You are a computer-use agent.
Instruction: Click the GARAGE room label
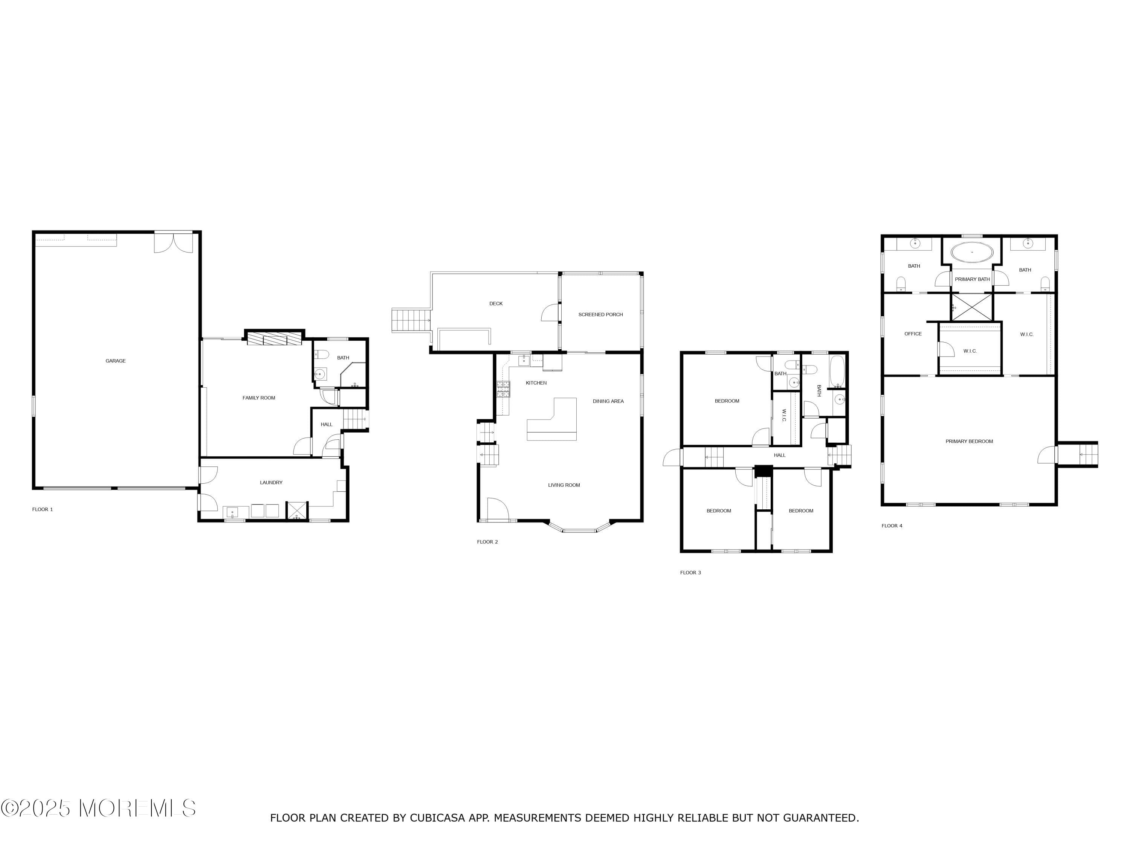pyautogui.click(x=116, y=361)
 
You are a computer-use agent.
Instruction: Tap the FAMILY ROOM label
pyautogui.click(x=258, y=398)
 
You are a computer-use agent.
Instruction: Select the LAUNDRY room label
pyautogui.click(x=271, y=483)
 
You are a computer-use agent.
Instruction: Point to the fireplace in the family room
pyautogui.click(x=274, y=338)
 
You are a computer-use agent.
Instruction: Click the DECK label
pyautogui.click(x=496, y=304)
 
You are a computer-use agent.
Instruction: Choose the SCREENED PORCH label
pyautogui.click(x=600, y=314)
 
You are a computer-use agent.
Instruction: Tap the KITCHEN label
pyautogui.click(x=536, y=383)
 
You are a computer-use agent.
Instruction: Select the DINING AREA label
pyautogui.click(x=608, y=401)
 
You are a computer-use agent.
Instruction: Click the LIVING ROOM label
pyautogui.click(x=564, y=485)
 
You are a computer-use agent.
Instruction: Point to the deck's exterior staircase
pyautogui.click(x=411, y=320)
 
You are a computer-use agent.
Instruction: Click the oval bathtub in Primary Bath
pyautogui.click(x=972, y=253)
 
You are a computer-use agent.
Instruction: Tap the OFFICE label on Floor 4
pyautogui.click(x=913, y=334)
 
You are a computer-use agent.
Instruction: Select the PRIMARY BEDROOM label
pyautogui.click(x=969, y=441)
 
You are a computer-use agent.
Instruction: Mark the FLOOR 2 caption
pyautogui.click(x=487, y=542)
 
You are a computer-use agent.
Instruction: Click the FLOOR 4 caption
pyautogui.click(x=892, y=526)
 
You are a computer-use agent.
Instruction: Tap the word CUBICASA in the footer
pyautogui.click(x=437, y=818)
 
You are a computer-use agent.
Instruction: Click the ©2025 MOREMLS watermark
pyautogui.click(x=98, y=808)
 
